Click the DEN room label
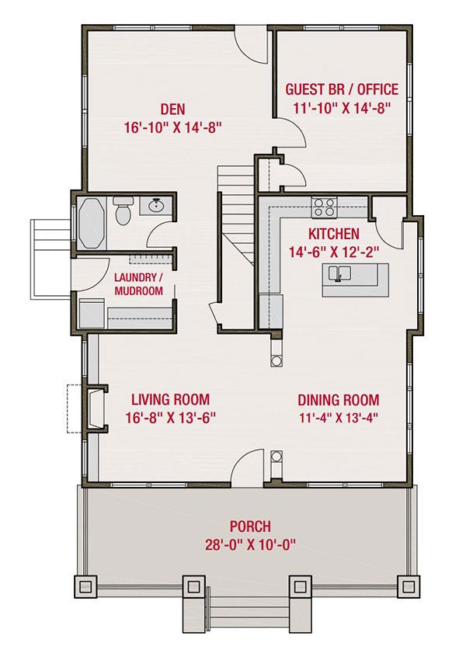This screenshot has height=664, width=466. point(173,109)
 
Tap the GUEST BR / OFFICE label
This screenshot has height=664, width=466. point(342,89)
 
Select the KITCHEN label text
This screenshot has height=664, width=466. point(334,234)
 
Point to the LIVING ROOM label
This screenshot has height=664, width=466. point(170,399)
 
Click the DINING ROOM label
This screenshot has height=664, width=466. point(339,400)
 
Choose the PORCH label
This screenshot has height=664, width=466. point(250,527)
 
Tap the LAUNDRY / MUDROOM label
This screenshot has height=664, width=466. point(138,284)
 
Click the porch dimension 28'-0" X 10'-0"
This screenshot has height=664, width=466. point(250,544)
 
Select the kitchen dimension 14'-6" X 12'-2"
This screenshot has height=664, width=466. point(334,252)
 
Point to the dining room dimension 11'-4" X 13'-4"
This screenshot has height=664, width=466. point(339,418)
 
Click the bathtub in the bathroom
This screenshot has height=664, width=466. point(92,222)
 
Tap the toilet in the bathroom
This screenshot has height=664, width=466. point(123,210)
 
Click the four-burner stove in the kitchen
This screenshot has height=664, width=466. point(324,207)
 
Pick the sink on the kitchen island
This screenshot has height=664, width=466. point(339,273)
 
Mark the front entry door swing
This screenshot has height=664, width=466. point(248,468)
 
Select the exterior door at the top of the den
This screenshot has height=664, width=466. point(252,45)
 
